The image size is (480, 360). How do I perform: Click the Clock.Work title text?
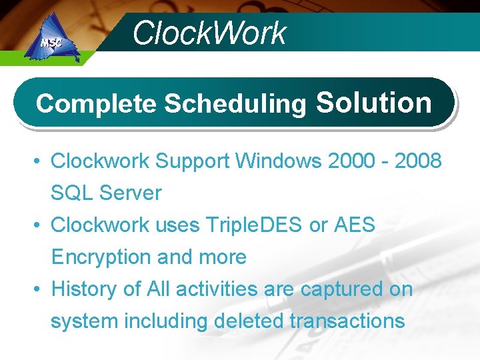point(209,33)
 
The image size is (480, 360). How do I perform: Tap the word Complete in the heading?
point(97,103)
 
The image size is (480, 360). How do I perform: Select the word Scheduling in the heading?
point(235,104)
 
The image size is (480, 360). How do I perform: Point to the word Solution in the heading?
point(374,102)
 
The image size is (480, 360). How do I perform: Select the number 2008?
point(417,161)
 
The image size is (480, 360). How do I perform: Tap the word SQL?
point(72,193)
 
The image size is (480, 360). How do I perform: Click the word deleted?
point(249,321)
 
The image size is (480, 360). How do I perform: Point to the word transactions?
point(347,321)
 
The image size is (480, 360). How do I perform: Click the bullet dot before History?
point(39,290)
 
